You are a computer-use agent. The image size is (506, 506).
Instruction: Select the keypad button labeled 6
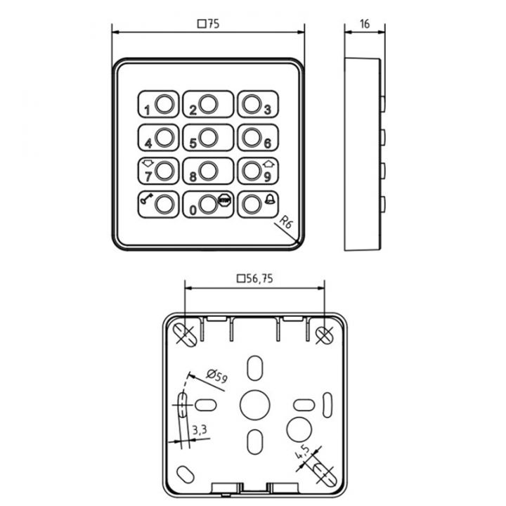coord(257,138)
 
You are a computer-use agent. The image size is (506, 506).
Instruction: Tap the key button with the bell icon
coord(257,204)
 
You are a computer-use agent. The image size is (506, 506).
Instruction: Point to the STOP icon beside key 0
coord(224,200)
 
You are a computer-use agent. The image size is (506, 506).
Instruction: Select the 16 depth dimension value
coord(364,23)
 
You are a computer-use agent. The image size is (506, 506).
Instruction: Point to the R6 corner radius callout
coord(285,223)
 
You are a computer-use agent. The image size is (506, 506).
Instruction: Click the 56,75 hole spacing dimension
coord(254,279)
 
